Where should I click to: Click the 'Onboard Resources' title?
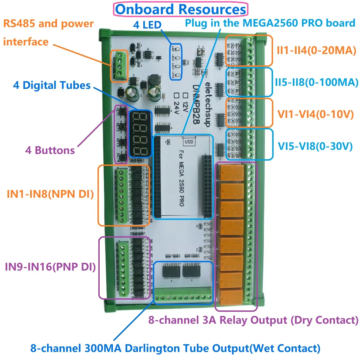pyautogui.click(x=181, y=9)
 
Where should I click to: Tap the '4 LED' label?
pyautogui.click(x=147, y=25)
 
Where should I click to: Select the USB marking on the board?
pyautogui.click(x=189, y=142)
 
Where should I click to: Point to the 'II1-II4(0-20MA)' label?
pyautogui.click(x=316, y=50)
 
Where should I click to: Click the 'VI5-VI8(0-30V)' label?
pyautogui.click(x=315, y=146)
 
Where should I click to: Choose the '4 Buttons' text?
pyautogui.click(x=50, y=150)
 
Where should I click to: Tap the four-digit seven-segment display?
pyautogui.click(x=140, y=134)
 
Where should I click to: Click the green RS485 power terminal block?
pyautogui.click(x=120, y=66)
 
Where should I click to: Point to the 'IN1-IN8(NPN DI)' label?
pyautogui.click(x=50, y=194)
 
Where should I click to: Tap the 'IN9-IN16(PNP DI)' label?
pyautogui.click(x=50, y=267)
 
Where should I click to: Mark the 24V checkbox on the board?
pyautogui.click(x=176, y=95)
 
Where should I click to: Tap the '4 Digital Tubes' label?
pyautogui.click(x=52, y=85)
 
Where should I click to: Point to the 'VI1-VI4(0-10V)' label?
pyautogui.click(x=315, y=114)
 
